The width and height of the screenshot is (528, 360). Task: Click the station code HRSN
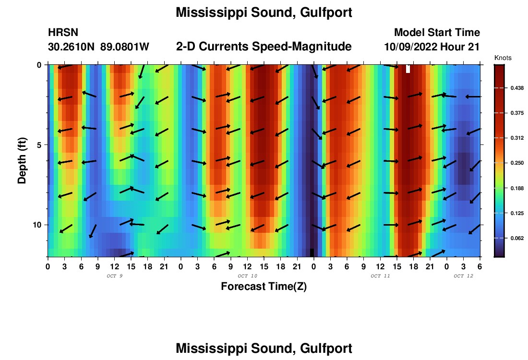coord(63,33)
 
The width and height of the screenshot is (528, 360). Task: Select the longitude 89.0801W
coord(125,47)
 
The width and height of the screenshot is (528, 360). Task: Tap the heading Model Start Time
coord(437,33)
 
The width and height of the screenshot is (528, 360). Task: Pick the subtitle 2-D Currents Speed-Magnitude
coord(264,47)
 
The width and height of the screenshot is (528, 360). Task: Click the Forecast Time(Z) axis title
coord(264,287)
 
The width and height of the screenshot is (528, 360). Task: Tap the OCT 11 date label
coord(380,276)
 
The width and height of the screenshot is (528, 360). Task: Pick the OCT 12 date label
coord(463,276)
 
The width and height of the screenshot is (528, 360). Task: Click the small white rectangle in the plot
coord(408,69)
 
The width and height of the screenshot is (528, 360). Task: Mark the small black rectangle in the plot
coord(312,252)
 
